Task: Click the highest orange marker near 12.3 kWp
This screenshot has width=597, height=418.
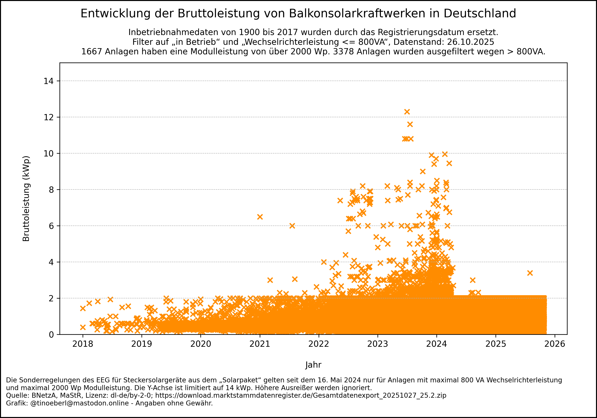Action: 407,112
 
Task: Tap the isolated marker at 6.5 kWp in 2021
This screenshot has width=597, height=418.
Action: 260,217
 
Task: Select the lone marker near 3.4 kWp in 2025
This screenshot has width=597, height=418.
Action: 530,273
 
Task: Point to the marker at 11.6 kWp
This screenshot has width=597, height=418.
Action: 410,124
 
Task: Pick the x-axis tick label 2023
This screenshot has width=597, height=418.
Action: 378,344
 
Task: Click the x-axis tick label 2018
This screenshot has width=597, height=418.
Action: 83,344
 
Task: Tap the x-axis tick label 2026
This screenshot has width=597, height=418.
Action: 555,344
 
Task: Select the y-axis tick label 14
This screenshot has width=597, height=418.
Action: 49,81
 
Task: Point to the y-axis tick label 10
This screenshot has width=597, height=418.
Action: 49,153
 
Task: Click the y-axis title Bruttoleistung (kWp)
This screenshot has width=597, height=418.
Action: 26,199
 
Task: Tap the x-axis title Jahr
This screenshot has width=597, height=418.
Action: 313,365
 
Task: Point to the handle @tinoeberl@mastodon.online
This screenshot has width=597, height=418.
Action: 80,403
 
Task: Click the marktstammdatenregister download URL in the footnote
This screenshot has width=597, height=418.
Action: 301,395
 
